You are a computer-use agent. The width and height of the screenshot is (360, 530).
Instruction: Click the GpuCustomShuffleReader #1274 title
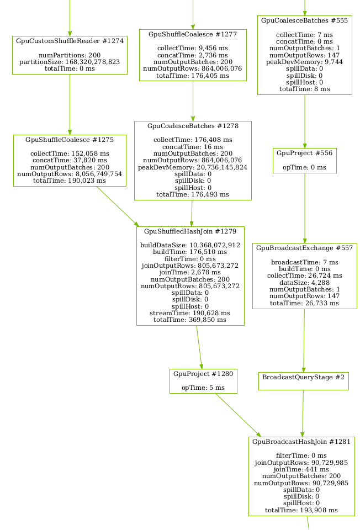click(x=70, y=41)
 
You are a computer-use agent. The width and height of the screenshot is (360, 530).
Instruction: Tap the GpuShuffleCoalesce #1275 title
click(x=70, y=140)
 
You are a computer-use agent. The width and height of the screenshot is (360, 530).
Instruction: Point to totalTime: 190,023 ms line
click(x=70, y=180)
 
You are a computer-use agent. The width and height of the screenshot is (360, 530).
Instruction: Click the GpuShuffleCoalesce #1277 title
click(x=193, y=34)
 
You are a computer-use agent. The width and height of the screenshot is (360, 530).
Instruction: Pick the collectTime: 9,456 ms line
click(x=193, y=48)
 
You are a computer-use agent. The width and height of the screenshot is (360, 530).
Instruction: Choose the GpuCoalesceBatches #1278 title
click(x=193, y=126)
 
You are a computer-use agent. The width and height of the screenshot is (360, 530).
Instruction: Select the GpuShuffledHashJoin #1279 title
click(x=190, y=231)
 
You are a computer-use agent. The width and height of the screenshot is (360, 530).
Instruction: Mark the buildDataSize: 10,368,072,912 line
click(x=190, y=245)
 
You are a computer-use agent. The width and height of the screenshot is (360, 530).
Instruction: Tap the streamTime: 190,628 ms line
click(x=190, y=313)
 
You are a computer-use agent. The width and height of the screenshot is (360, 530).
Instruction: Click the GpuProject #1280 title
click(x=203, y=374)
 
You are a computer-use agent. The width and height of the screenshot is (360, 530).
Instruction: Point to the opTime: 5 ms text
click(x=203, y=388)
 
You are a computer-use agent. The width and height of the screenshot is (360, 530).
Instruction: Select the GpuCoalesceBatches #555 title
click(x=304, y=20)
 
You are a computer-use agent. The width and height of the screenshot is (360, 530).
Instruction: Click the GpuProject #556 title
click(x=304, y=153)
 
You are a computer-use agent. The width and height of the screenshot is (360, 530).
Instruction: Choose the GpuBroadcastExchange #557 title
click(x=304, y=248)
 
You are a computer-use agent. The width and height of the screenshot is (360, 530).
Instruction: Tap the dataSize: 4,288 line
click(x=304, y=282)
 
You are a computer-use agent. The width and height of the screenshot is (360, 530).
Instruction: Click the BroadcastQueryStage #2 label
click(x=303, y=378)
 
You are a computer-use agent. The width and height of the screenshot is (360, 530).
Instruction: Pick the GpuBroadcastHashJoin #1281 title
click(x=301, y=442)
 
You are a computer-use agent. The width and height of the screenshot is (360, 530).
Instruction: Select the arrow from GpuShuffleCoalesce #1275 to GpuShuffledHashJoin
click(x=117, y=205)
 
